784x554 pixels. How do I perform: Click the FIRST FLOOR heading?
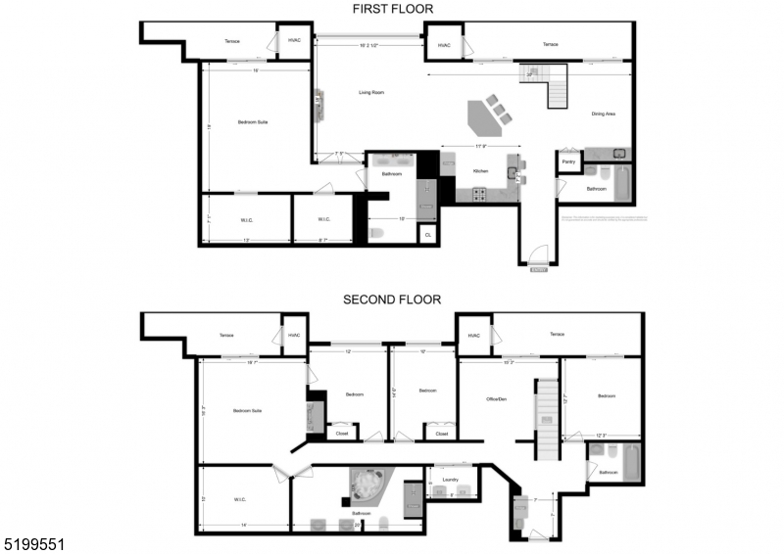click(x=392, y=9)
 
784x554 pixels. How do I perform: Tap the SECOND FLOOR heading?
click(x=391, y=300)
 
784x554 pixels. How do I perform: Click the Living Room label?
click(x=369, y=92)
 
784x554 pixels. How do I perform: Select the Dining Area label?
click(x=603, y=115)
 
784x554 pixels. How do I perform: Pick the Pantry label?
click(x=568, y=162)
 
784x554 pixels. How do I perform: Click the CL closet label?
click(x=427, y=235)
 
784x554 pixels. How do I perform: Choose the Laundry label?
click(x=451, y=480)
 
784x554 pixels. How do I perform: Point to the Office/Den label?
click(x=496, y=398)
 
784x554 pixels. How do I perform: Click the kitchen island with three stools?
click(x=485, y=117)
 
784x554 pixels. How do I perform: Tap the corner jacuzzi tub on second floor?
click(x=370, y=484)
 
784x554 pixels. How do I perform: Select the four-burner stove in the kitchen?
click(x=480, y=194)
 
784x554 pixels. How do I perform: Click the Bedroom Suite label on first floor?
click(x=253, y=121)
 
